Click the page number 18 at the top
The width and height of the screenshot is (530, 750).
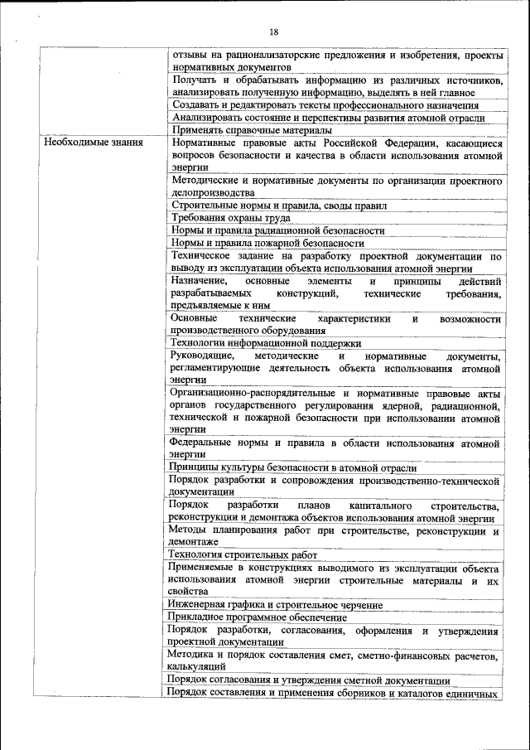coord(274,32)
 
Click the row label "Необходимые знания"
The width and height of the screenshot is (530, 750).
coord(94,143)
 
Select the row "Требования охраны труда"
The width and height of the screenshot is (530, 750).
coord(221,217)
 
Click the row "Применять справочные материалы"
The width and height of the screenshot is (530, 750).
coord(252,130)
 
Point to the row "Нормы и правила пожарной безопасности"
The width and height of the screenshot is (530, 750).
coord(267,243)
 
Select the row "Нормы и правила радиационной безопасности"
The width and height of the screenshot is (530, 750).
coord(278,230)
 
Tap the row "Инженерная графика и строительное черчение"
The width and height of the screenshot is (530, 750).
coord(276,605)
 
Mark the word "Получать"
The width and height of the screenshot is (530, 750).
coord(192,80)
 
